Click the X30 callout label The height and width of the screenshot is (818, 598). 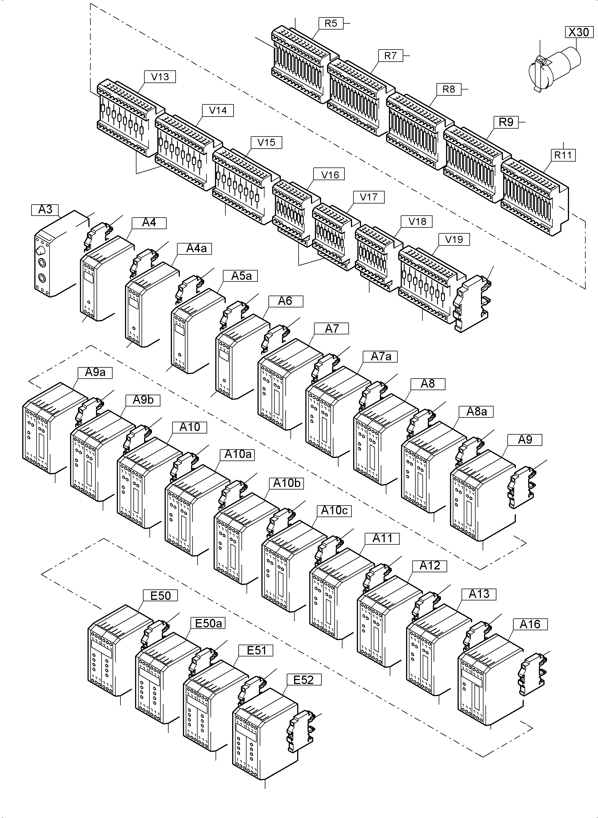click(579, 32)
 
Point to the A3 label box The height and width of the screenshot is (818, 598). click(45, 210)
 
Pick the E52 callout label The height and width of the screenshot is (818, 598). click(303, 680)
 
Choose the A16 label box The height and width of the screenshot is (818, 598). click(530, 624)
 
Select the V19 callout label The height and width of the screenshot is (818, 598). click(454, 239)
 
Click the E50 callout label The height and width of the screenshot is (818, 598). click(160, 596)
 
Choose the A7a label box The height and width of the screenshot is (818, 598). click(381, 357)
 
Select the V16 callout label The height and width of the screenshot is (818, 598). click(330, 175)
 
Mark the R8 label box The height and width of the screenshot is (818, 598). click(449, 89)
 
